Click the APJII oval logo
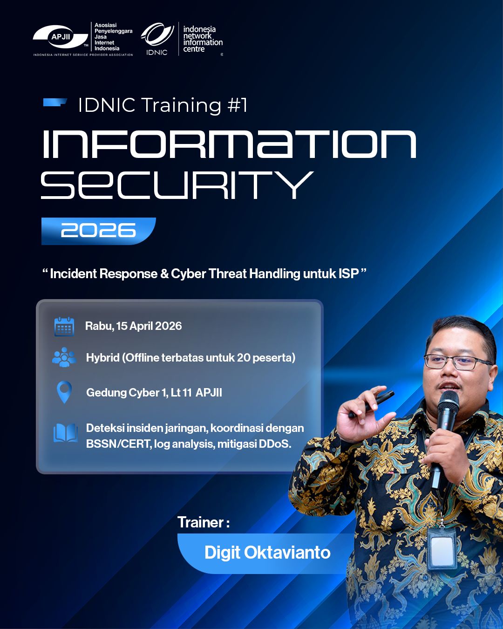tap(61, 37)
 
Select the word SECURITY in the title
tap(177, 185)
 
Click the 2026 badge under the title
tap(98, 231)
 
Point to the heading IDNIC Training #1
tap(163, 105)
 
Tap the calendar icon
tap(64, 327)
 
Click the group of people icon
tap(64, 357)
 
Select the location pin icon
tap(64, 392)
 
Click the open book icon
tap(66, 433)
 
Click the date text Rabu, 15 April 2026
tap(133, 326)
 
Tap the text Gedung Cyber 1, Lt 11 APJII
tap(154, 392)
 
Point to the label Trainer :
tap(204, 522)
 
